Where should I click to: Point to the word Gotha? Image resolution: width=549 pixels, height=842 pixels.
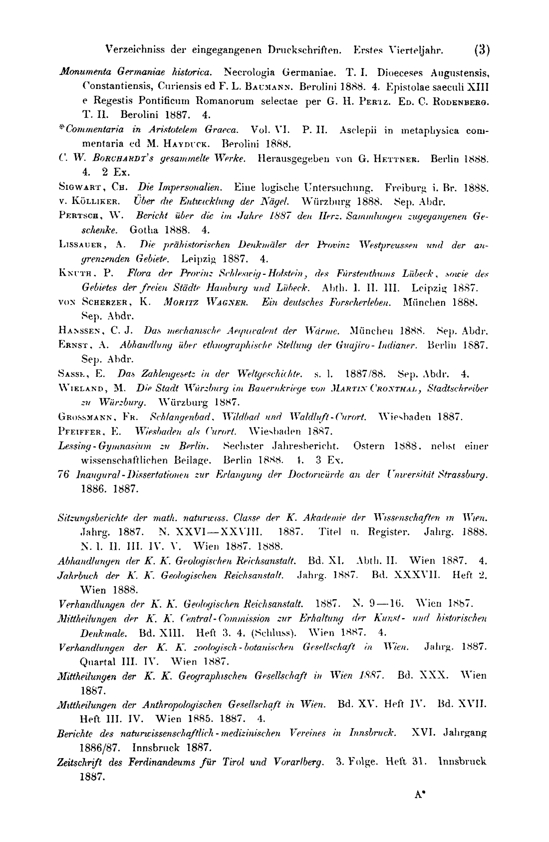click(x=144, y=230)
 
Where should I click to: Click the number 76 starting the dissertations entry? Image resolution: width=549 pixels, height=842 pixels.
click(x=63, y=473)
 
